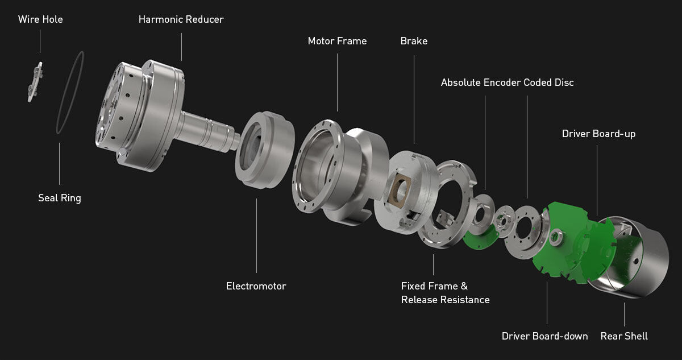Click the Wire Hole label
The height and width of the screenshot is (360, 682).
coord(40,19)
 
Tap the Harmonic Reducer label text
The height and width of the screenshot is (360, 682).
coord(181,19)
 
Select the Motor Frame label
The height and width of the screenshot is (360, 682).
coord(337,41)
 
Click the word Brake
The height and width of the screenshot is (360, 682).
coord(414,41)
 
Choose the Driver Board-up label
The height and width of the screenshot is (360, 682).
coord(598,134)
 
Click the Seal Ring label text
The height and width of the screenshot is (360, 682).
coord(60,198)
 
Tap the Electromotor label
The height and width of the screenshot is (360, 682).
coord(256,286)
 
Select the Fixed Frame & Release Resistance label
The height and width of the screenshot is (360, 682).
coord(445,293)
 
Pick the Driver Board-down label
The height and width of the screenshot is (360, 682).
coord(544,336)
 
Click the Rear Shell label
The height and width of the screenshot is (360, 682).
coord(624,336)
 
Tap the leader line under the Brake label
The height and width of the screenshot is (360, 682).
coord(414,97)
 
